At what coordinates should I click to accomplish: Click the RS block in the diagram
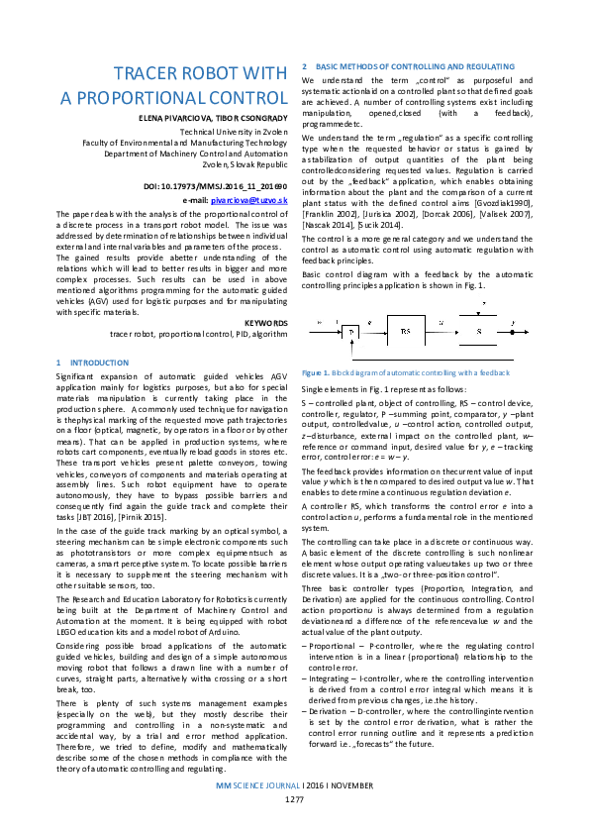click(x=406, y=330)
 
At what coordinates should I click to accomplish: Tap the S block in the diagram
click(x=480, y=330)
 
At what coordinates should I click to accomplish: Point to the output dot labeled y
click(x=511, y=323)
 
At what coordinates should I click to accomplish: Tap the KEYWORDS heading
click(x=265, y=324)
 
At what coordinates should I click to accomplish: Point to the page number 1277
click(x=294, y=825)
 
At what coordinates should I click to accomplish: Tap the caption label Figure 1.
click(x=316, y=372)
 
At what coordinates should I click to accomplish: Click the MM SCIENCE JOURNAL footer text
click(x=257, y=811)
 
